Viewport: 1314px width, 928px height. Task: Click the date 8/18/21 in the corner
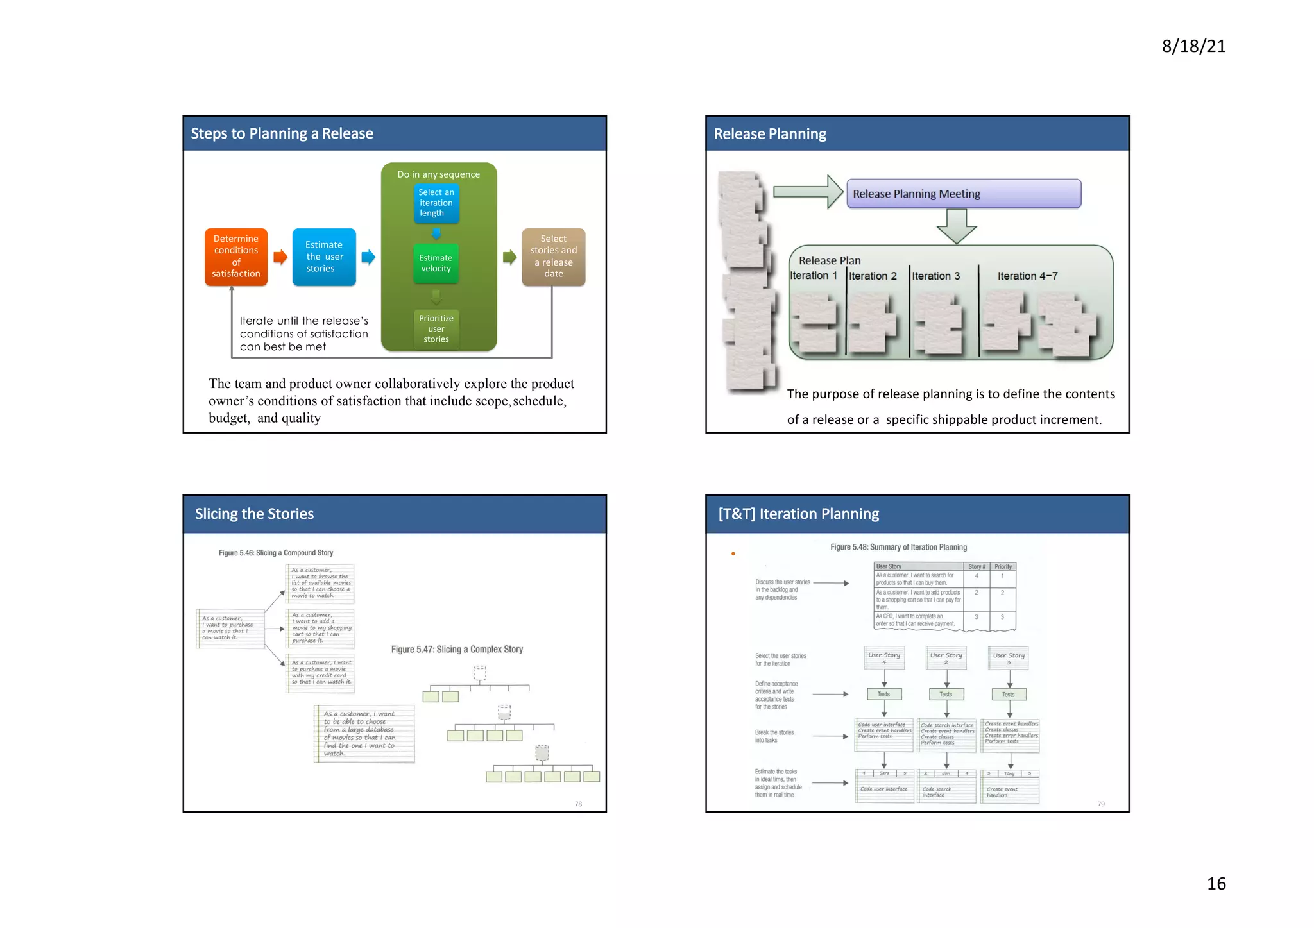click(x=1193, y=46)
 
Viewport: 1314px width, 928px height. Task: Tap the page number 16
click(x=1216, y=883)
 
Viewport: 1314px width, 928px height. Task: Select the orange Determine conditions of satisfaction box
click(x=236, y=257)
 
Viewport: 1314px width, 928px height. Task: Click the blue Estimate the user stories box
click(x=324, y=257)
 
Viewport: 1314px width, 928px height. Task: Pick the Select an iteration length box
click(x=436, y=203)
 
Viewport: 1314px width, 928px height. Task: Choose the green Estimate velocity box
click(x=436, y=263)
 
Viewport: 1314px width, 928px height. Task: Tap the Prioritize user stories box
click(x=436, y=328)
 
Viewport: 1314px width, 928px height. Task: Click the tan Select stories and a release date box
click(x=554, y=257)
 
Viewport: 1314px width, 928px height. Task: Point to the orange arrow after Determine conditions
click(x=280, y=257)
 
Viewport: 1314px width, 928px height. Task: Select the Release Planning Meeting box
click(x=963, y=194)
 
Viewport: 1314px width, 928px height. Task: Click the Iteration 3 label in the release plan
click(x=936, y=276)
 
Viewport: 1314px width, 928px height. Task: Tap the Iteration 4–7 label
click(x=1027, y=276)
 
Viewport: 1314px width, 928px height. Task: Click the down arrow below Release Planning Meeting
click(x=956, y=227)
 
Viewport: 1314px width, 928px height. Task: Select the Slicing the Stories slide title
click(x=254, y=514)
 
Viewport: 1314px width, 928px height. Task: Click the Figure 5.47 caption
click(x=457, y=649)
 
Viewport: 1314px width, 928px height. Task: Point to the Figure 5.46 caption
click(x=276, y=553)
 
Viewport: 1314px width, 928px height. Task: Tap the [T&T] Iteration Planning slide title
click(x=798, y=514)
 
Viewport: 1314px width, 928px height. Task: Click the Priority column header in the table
click(x=1003, y=567)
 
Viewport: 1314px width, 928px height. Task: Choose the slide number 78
click(x=578, y=804)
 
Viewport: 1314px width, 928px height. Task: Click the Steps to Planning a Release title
click(x=282, y=133)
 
